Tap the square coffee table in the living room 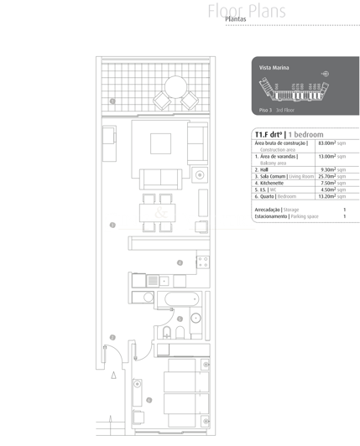pyautogui.click(x=161, y=143)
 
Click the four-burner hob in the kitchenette pyautogui.click(x=202, y=262)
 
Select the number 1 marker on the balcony pyautogui.click(x=112, y=101)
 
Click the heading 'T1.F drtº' pyautogui.click(x=269, y=134)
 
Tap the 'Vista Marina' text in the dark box pyautogui.click(x=274, y=66)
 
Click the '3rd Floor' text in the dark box pyautogui.click(x=284, y=110)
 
